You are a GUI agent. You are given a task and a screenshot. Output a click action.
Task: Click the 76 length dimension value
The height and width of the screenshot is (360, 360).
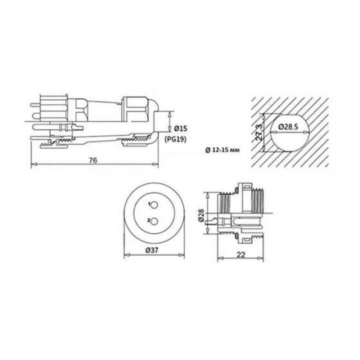pyautogui.click(x=93, y=160)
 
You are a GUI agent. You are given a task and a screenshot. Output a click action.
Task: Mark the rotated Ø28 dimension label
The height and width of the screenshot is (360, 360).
pyautogui.click(x=202, y=216)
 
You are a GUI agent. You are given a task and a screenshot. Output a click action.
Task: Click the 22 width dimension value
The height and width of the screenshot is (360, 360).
pyautogui.click(x=242, y=255)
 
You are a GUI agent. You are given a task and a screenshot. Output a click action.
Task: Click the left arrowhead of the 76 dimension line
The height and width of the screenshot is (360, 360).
pyautogui.click(x=33, y=166)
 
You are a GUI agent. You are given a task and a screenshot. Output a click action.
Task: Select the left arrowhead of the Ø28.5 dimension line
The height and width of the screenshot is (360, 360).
pyautogui.click(x=270, y=132)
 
